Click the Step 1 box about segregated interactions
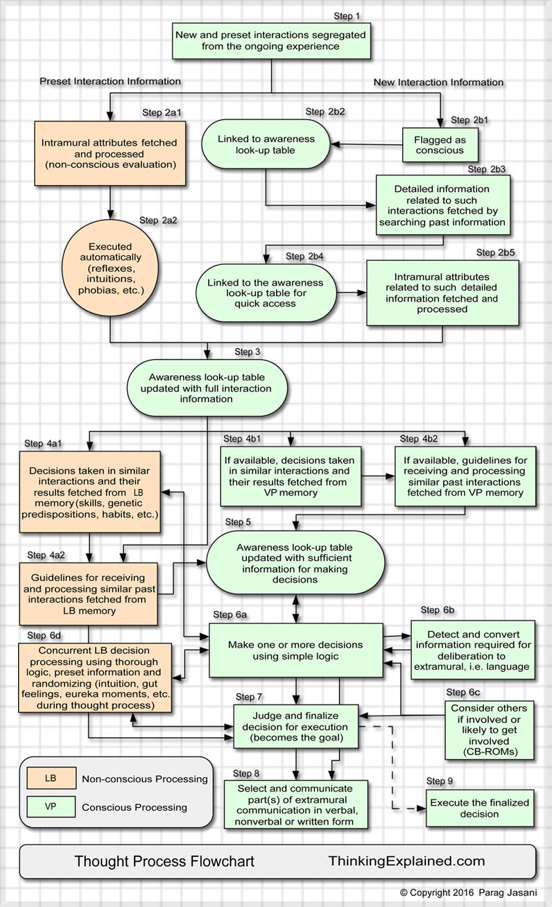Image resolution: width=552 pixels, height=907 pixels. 271,41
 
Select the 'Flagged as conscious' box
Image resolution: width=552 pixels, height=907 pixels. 441,145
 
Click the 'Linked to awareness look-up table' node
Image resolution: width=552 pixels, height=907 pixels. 266,144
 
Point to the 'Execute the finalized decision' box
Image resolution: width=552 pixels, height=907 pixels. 479,808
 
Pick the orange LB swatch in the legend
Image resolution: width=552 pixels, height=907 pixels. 51,779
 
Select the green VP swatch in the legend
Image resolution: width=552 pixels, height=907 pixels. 51,806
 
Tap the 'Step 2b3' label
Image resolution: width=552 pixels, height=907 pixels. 487,169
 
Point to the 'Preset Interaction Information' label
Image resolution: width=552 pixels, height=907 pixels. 110,81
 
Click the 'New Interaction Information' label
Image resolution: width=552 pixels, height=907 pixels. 438,83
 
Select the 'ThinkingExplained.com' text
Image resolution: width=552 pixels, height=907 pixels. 406,861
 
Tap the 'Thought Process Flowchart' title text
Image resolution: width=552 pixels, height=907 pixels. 164,861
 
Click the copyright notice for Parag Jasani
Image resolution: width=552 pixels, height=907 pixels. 468,892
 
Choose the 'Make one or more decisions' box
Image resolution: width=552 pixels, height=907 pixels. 297,650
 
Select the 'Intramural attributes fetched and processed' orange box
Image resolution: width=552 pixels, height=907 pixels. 110,154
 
